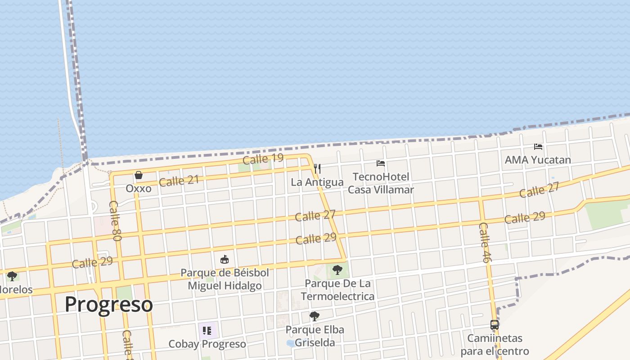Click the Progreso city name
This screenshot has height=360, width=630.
[x=108, y=304]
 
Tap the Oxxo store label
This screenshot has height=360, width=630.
[x=138, y=188]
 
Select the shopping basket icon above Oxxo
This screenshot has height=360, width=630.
[x=139, y=175]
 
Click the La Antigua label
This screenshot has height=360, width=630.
[x=317, y=182]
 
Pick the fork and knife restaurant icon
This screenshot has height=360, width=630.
[x=317, y=169]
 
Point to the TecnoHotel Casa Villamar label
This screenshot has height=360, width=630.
[x=381, y=183]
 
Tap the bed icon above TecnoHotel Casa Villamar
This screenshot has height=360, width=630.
[x=381, y=163]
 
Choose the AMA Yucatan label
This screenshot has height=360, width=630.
[x=538, y=160]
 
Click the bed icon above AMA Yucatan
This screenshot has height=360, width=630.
[x=538, y=147]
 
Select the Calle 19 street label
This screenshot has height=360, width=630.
[x=263, y=159]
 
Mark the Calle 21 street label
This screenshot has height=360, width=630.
[x=179, y=181]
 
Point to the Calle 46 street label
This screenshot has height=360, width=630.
[x=484, y=243]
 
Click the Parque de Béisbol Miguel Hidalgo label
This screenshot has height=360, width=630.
[x=225, y=279]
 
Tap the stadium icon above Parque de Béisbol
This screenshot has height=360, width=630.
[x=225, y=260]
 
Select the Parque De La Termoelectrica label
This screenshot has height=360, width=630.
[x=337, y=290]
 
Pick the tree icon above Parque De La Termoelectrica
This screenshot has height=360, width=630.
[x=337, y=270]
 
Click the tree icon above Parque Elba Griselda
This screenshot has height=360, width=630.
[x=315, y=316]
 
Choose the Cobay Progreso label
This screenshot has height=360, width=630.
[x=207, y=344]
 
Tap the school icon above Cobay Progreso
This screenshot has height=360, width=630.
[x=207, y=331]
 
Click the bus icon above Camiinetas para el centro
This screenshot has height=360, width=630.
[x=495, y=325]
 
